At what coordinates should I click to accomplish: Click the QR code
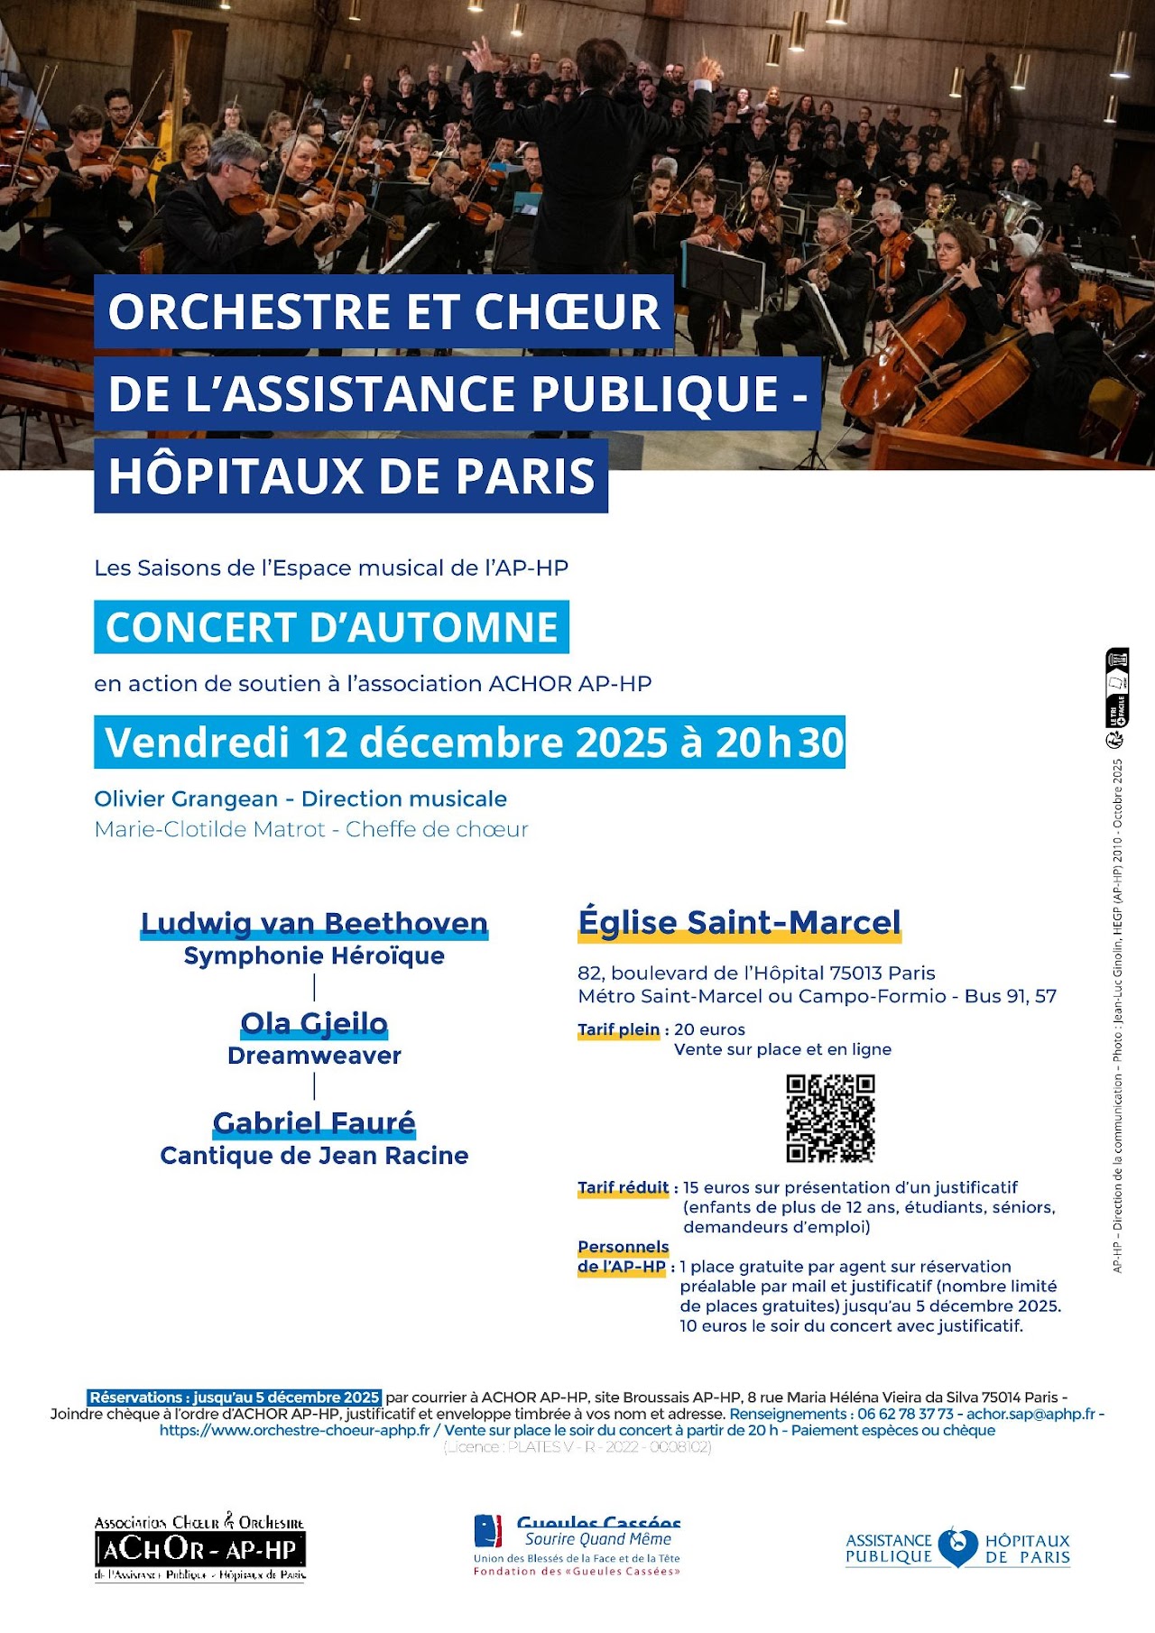830,1118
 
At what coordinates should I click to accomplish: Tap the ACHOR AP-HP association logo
200,1549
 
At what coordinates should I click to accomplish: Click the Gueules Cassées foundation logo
577,1545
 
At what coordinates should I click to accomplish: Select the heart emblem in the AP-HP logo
957,1547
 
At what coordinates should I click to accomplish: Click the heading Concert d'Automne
331,627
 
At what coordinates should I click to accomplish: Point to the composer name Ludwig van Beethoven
314,923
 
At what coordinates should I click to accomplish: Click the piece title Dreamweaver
314,1056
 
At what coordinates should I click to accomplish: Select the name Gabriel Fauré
314,1122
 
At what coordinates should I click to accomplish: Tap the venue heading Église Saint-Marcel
739,922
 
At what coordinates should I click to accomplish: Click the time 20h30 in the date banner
780,743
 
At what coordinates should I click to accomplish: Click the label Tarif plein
619,1029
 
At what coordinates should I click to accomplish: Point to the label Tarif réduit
623,1187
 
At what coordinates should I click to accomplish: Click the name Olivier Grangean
186,798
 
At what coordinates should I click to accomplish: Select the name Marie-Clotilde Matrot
209,829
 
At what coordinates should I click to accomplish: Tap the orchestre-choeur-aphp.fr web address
294,1430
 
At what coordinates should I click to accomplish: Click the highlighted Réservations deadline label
235,1398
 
